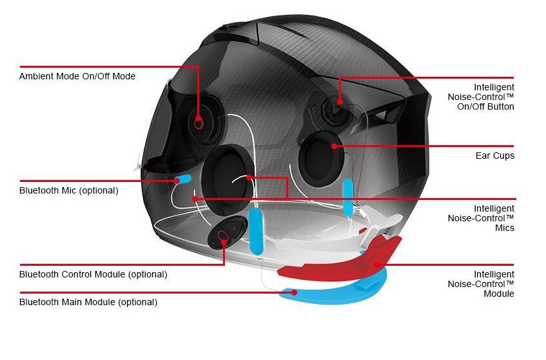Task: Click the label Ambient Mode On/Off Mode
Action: click(x=77, y=76)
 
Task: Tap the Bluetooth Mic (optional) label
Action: click(x=69, y=190)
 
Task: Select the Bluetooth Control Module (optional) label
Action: click(x=93, y=274)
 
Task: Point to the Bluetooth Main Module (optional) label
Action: click(x=88, y=302)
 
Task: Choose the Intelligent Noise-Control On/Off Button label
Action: click(x=481, y=97)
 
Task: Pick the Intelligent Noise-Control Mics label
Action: click(x=481, y=218)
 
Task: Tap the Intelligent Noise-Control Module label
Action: click(x=481, y=284)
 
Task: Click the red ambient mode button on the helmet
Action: click(x=198, y=121)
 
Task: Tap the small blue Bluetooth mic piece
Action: click(x=184, y=179)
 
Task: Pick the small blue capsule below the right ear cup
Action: click(x=348, y=197)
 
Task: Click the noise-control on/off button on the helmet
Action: click(x=338, y=101)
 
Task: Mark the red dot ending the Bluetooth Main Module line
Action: click(x=295, y=292)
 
